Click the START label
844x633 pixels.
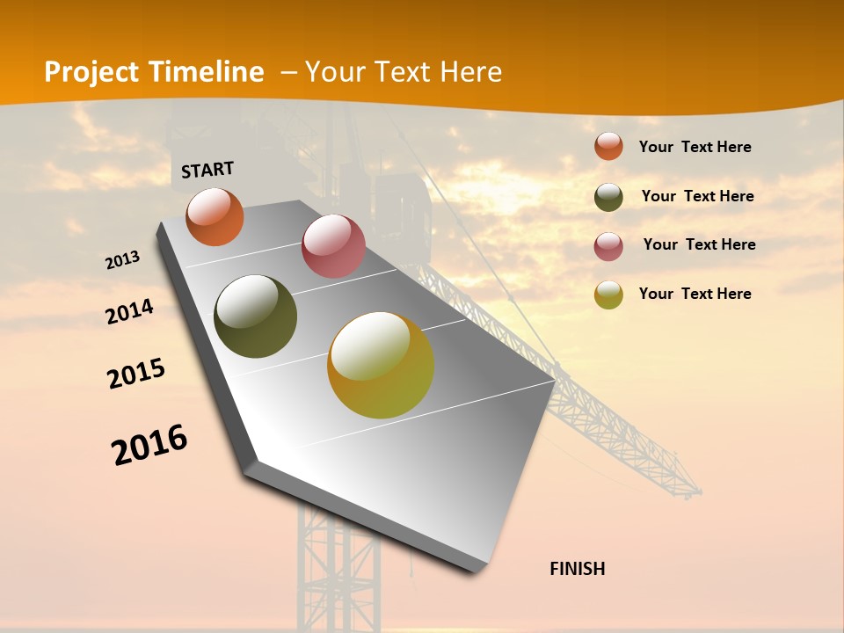(x=207, y=170)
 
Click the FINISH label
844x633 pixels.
(x=577, y=569)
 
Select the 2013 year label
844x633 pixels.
(x=123, y=260)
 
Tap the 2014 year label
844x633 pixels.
(x=130, y=312)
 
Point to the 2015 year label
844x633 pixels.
(x=136, y=374)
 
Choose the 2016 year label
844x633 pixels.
(x=149, y=445)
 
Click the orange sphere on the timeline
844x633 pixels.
(x=215, y=216)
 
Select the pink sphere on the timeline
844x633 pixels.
(x=333, y=245)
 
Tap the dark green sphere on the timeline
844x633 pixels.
(x=255, y=316)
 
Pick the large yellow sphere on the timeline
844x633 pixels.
(x=381, y=365)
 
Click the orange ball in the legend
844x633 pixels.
(x=608, y=146)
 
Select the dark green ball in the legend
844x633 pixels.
(x=608, y=197)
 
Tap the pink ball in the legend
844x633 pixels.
(x=608, y=246)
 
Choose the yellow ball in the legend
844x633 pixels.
(x=608, y=295)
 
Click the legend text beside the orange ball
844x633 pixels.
(x=695, y=147)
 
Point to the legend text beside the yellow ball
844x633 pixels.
(x=695, y=294)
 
